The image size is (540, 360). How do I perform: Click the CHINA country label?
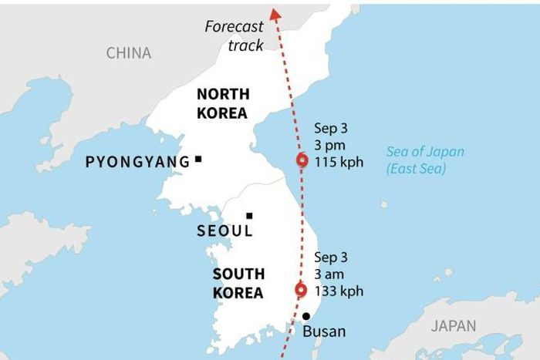pos(129,53)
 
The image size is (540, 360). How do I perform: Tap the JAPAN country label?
pos(454,326)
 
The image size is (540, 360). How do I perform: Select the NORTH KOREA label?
pos(222,103)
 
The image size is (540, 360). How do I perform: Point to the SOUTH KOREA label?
pos(238,284)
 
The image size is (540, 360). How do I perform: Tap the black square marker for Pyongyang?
pos(198,159)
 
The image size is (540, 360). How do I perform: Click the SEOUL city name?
pos(224,230)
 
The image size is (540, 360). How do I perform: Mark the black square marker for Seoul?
pos(249,217)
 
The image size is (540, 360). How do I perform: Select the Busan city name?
pos(324,332)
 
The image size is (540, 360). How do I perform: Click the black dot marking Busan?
pos(306,316)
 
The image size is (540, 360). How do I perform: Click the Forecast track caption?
pos(234,35)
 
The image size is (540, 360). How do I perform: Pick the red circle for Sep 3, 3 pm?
pos(302,160)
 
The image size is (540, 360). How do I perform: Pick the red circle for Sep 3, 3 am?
pos(301,291)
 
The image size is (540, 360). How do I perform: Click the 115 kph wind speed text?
pos(339,162)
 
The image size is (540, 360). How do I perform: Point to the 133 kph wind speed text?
pos(339,291)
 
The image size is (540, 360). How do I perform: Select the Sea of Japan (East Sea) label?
pos(425,160)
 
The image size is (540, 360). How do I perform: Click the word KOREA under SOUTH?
pos(238,293)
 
